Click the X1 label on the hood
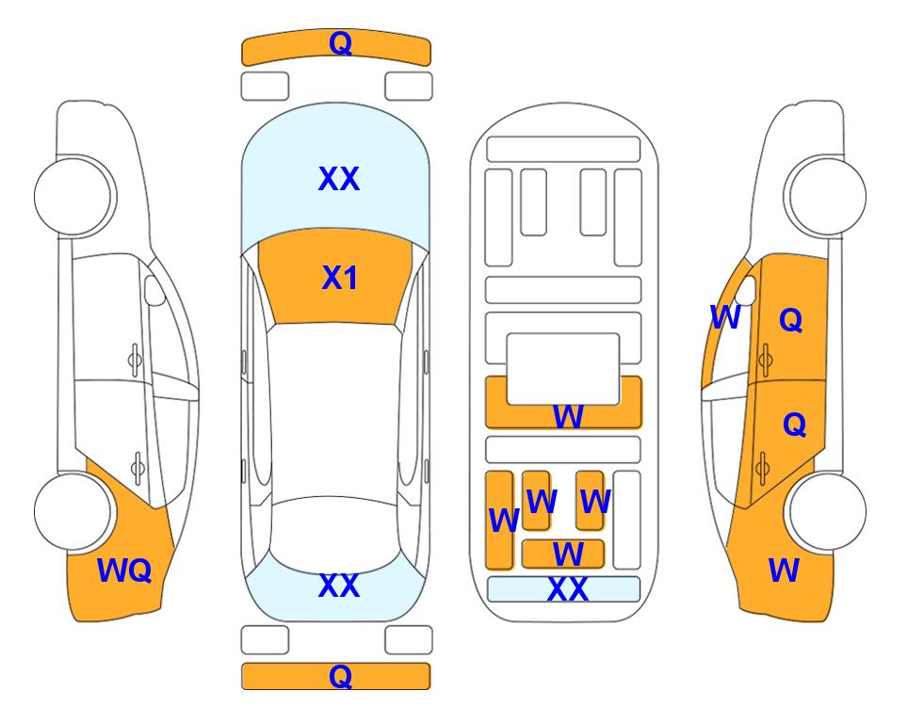[340, 278]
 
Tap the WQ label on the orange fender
[124, 570]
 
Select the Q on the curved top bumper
[340, 42]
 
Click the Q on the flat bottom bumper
[340, 676]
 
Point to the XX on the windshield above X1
[339, 179]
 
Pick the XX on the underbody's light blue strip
[568, 589]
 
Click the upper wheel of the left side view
[73, 197]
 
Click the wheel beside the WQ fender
[73, 511]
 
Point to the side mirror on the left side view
[154, 290]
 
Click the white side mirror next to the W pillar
[747, 290]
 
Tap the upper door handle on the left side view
[135, 361]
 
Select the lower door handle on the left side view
[138, 467]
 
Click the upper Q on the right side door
[791, 319]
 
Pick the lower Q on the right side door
[794, 425]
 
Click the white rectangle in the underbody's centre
[563, 369]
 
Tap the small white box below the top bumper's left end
[265, 87]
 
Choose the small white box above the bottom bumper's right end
[409, 640]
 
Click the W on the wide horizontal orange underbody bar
[568, 416]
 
